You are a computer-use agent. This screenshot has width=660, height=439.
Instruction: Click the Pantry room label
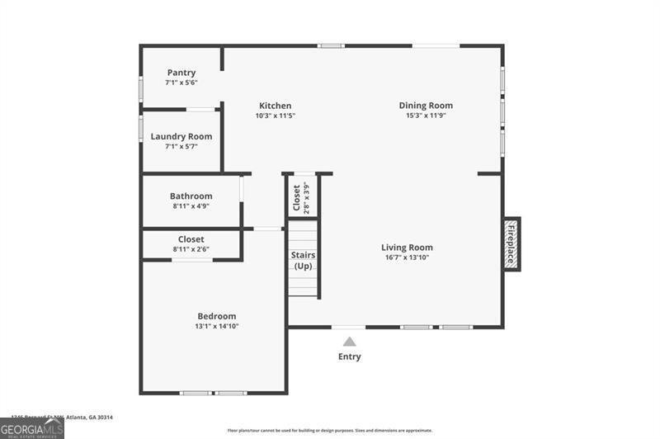(x=181, y=73)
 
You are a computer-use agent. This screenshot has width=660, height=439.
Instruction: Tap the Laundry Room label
(x=181, y=136)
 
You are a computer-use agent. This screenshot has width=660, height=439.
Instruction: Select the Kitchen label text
(x=275, y=106)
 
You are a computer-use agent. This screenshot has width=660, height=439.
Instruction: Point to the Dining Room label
(x=426, y=106)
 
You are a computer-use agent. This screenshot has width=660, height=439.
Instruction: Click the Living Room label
(x=407, y=248)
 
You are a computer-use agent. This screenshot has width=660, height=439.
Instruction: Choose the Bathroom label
(x=191, y=196)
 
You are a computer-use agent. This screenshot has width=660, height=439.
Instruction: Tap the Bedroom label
(x=216, y=316)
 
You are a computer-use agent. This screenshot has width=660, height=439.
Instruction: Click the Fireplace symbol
(x=511, y=243)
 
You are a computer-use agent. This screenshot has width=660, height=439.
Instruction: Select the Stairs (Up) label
(x=303, y=261)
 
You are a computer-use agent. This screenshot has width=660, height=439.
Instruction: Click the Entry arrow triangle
(x=349, y=341)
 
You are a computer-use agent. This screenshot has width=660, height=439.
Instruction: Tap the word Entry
(x=349, y=356)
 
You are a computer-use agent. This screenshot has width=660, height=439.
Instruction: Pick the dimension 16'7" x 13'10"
(x=407, y=257)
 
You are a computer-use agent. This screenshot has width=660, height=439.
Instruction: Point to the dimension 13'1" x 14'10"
(x=216, y=326)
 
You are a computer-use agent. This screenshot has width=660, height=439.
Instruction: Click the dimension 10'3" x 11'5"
(x=275, y=116)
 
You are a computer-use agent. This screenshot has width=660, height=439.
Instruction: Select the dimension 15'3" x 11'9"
(x=426, y=116)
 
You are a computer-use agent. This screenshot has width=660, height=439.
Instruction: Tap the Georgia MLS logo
(x=31, y=428)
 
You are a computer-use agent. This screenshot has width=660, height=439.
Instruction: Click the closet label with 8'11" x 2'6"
(x=191, y=239)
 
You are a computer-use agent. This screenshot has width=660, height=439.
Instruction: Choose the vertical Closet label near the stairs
(x=297, y=197)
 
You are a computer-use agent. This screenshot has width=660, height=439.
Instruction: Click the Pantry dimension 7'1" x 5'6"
(x=181, y=83)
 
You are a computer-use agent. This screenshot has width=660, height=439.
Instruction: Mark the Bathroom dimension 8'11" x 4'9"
(x=191, y=206)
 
